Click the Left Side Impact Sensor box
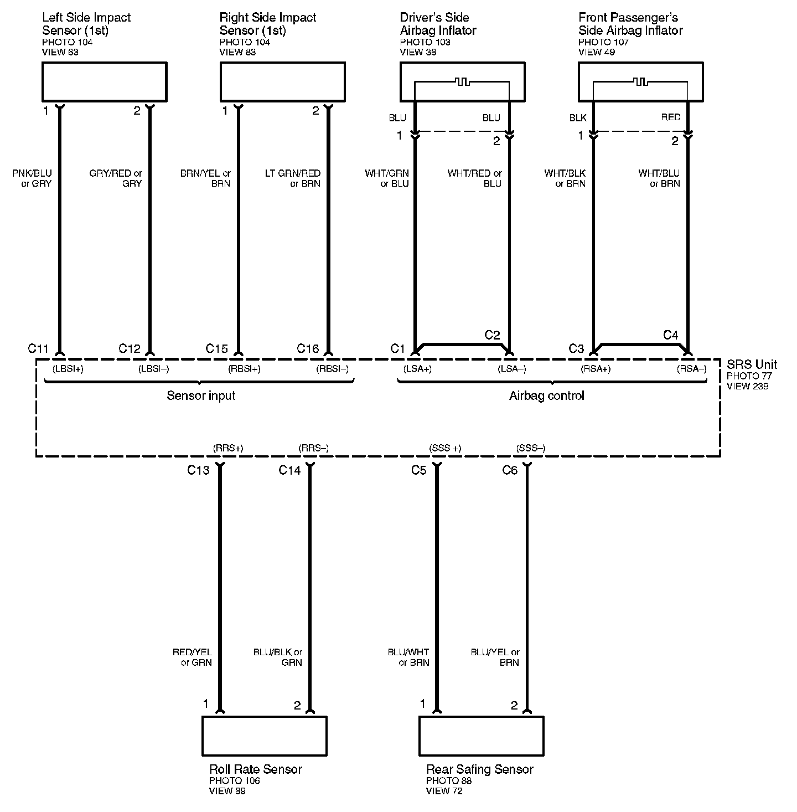104,82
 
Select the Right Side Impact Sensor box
282,82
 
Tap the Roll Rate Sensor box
264,736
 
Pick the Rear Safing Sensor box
481,736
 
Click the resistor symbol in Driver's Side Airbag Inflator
462,82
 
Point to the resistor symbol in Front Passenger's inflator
641,82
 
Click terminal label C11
39,348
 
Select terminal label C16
308,348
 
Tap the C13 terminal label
198,470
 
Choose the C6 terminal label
510,470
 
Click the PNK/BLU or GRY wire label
32,178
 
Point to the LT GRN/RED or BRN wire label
293,178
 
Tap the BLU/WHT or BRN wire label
408,657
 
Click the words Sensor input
201,395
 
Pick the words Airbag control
547,395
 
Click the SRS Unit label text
752,364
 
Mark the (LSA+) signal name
418,369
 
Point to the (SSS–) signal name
530,448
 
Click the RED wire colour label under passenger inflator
671,117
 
